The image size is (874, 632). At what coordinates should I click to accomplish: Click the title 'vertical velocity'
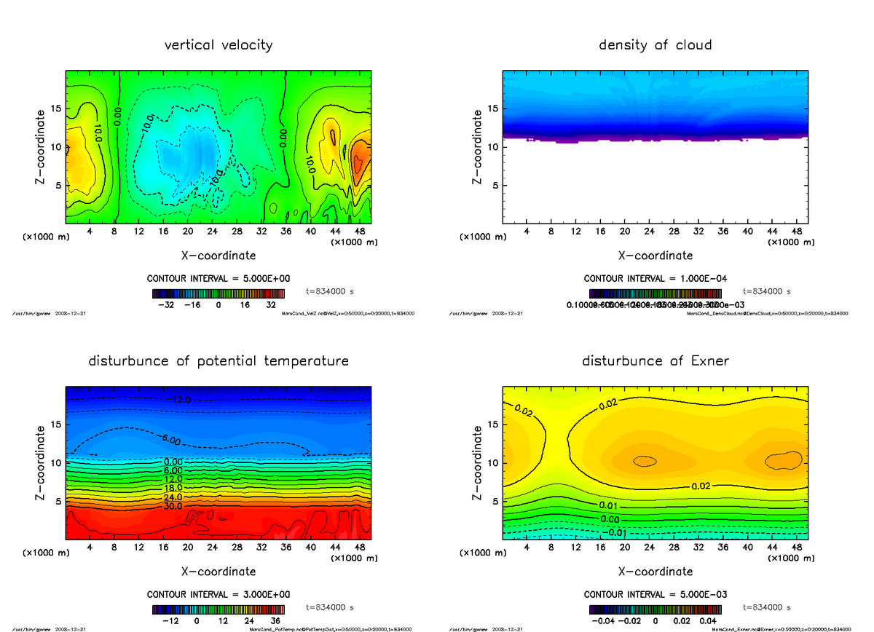pyautogui.click(x=219, y=45)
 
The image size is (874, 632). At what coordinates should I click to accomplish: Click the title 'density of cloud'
pyautogui.click(x=655, y=45)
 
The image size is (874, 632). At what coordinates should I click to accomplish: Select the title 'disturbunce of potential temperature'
pyautogui.click(x=219, y=361)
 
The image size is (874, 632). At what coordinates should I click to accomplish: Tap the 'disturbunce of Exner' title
pyautogui.click(x=655, y=361)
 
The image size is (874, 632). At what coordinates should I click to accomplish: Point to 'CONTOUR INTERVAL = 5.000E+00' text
pyautogui.click(x=219, y=278)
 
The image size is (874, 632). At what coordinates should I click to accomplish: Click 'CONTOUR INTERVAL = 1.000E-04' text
pyautogui.click(x=655, y=278)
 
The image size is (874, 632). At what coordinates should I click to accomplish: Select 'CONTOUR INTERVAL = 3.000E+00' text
pyautogui.click(x=219, y=594)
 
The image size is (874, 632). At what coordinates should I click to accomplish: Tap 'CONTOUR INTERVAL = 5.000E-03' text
pyautogui.click(x=655, y=594)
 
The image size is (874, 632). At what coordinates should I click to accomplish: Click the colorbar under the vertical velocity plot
pyautogui.click(x=219, y=293)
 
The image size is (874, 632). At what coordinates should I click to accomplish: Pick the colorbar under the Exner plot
pyautogui.click(x=655, y=609)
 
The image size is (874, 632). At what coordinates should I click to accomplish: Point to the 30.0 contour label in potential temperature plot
pyautogui.click(x=173, y=506)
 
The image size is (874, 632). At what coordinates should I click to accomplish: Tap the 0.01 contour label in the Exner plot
pyautogui.click(x=610, y=505)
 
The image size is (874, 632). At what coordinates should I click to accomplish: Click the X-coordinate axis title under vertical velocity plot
pyautogui.click(x=219, y=256)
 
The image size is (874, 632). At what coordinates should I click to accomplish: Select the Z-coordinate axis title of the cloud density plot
pyautogui.click(x=478, y=146)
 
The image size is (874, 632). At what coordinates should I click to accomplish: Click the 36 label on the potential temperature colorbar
pyautogui.click(x=275, y=622)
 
